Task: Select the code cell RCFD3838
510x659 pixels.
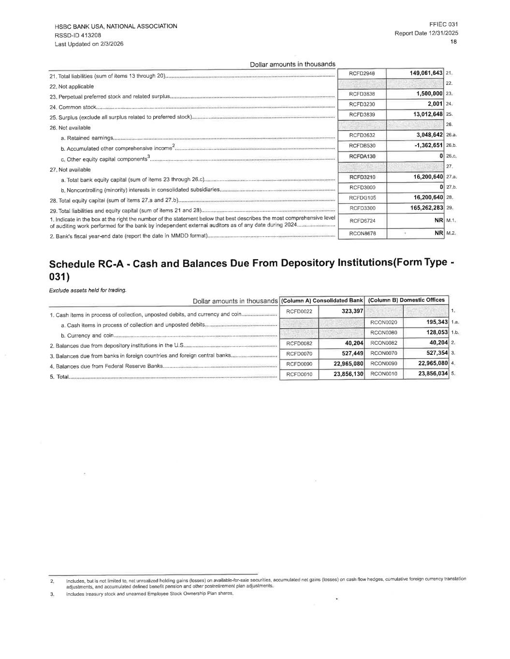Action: point(362,94)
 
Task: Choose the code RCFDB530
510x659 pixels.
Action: point(362,146)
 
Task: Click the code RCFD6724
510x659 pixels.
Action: point(362,221)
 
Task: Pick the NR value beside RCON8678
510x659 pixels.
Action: point(438,233)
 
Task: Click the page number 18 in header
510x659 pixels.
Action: point(454,42)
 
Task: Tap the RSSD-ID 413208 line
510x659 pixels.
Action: point(78,35)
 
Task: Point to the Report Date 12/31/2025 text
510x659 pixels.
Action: point(426,33)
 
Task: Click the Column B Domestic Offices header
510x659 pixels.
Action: point(406,300)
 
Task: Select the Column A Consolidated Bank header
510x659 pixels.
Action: point(322,300)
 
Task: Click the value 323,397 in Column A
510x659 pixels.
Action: point(352,311)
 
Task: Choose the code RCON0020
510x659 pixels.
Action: point(383,322)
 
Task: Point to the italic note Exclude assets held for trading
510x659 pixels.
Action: point(87,290)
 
